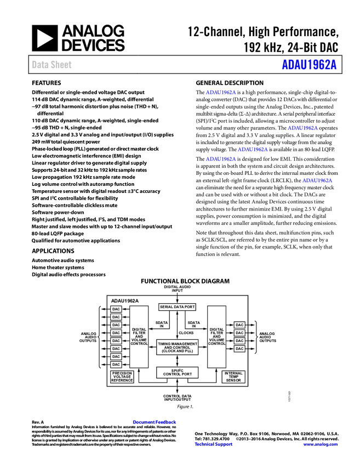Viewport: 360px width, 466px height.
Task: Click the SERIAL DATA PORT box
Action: [x=177, y=307]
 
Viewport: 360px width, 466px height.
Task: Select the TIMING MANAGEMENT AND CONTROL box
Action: [x=177, y=347]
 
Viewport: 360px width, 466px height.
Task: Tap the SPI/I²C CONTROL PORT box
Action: [x=177, y=372]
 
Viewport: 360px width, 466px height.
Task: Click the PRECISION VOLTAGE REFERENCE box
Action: [x=122, y=377]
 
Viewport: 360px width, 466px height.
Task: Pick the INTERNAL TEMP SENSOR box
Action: [x=233, y=377]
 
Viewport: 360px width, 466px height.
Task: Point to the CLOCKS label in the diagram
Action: [x=186, y=333]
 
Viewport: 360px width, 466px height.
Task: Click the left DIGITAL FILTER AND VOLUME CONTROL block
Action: [x=139, y=336]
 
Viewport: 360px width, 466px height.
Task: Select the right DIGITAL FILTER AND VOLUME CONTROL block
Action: [x=216, y=336]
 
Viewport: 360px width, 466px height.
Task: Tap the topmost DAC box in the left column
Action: [x=116, y=309]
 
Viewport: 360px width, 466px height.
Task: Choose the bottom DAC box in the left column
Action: [x=116, y=365]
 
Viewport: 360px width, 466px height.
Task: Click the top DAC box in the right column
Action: [x=239, y=325]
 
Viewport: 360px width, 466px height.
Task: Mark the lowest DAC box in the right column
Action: [x=239, y=349]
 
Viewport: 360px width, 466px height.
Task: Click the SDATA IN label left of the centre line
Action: [x=162, y=325]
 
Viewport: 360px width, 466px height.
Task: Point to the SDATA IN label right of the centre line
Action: [x=193, y=325]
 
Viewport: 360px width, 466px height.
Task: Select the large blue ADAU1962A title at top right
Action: [x=309, y=65]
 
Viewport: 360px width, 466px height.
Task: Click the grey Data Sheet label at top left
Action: [x=52, y=65]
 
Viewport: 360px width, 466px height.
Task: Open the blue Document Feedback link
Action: [x=155, y=422]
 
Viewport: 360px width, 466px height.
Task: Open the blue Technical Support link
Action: [x=214, y=444]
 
